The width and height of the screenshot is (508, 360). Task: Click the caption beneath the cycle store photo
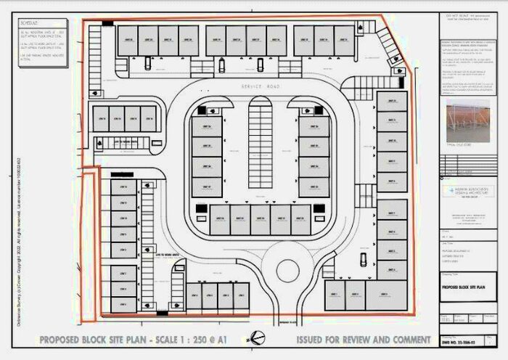(461, 146)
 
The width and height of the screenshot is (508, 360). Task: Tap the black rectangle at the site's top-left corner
(107, 24)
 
